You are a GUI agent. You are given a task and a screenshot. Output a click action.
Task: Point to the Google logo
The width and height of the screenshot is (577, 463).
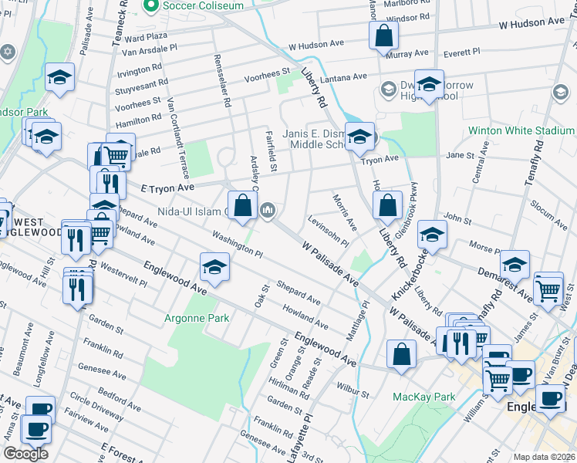25,454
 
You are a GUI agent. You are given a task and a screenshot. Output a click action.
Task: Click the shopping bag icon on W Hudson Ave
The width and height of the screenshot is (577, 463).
383,35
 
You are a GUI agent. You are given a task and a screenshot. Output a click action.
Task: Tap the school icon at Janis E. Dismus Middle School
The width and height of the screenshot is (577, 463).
359,137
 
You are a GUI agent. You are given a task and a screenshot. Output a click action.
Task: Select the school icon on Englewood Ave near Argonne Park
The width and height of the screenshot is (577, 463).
214,268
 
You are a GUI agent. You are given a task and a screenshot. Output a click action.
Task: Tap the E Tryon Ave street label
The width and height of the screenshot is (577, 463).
166,188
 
